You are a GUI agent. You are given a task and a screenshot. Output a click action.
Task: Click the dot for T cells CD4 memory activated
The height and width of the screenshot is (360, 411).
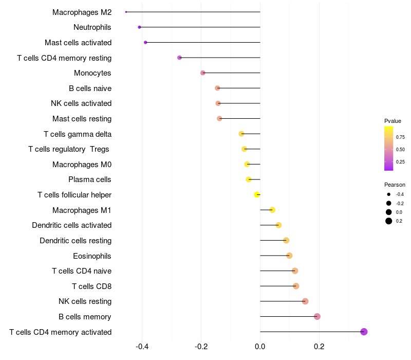[x=364, y=332]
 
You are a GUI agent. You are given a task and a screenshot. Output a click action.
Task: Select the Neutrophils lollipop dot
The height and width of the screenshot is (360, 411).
[x=139, y=27]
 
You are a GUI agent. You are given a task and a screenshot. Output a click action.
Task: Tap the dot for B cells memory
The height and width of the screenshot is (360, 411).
[x=317, y=316]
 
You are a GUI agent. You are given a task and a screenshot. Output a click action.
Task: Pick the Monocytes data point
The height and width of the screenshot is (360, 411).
[x=203, y=73]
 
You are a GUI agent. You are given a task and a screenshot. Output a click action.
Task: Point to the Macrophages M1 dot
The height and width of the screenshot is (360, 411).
[x=272, y=210]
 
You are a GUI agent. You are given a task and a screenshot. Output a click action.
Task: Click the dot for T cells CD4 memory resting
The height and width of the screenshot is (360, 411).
[x=179, y=58]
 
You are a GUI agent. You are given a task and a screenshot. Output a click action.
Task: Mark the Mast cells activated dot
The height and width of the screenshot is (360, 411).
[x=145, y=42]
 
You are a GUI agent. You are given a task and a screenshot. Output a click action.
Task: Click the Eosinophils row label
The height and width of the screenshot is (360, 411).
[x=92, y=256]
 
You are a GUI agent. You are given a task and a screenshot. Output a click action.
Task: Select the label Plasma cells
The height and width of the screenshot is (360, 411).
[x=90, y=179]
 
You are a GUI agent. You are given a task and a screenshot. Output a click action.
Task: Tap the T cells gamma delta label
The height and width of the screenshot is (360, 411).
[x=78, y=134]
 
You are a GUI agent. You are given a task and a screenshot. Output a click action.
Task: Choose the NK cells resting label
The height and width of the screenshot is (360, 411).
[x=85, y=301]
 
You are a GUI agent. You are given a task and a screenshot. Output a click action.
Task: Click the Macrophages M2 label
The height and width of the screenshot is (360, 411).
[x=82, y=12]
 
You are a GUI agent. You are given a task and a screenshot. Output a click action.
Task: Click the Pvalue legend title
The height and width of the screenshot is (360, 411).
[x=393, y=121]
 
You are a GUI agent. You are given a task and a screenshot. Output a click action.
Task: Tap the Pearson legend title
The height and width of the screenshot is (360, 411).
[x=395, y=185]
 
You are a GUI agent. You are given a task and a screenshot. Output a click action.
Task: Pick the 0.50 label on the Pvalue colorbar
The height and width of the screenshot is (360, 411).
[x=400, y=149]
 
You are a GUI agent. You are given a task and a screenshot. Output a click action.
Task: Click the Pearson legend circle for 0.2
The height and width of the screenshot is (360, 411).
[x=389, y=221]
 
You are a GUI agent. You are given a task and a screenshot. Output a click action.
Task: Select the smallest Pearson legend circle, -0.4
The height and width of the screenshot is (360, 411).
[x=389, y=194]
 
